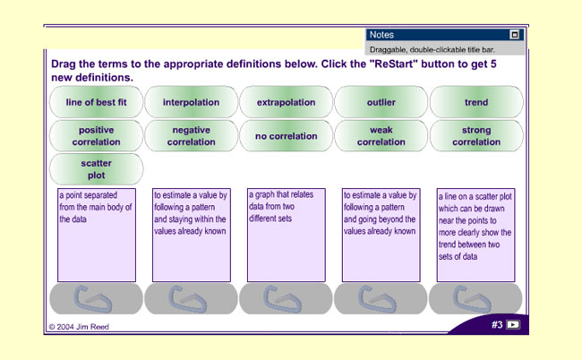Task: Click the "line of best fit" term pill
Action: [96, 102]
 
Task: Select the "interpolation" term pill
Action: [191, 102]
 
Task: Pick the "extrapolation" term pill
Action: [287, 102]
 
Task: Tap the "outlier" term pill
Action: [381, 102]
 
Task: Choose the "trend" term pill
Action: [476, 102]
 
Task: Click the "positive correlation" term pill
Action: [96, 136]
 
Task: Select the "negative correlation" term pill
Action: [191, 136]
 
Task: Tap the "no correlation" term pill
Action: [287, 136]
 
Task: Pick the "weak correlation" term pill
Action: [381, 136]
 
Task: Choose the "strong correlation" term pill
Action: [476, 136]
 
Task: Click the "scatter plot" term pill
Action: [96, 169]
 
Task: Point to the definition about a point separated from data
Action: [97, 235]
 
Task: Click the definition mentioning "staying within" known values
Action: [192, 235]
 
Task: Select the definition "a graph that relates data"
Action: [287, 235]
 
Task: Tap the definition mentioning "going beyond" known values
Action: [381, 235]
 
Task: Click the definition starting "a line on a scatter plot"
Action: [475, 235]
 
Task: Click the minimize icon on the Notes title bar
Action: [515, 35]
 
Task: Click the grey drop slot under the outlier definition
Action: [96, 298]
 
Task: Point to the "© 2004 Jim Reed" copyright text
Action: [79, 327]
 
